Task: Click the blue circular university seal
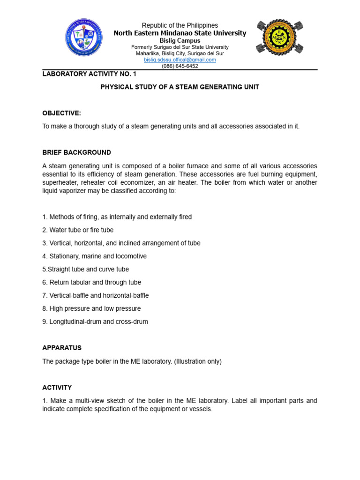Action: tap(84, 37)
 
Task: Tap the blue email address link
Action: tap(180, 60)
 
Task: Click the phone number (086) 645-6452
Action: tap(180, 66)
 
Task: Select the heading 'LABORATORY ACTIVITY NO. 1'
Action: tap(89, 74)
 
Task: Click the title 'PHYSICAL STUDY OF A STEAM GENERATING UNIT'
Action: tap(180, 87)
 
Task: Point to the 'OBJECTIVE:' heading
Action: tap(61, 113)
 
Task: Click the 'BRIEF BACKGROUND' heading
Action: tap(76, 152)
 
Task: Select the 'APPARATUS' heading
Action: tap(62, 348)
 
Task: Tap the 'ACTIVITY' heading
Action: tap(57, 388)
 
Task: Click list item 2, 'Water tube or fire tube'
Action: tap(78, 230)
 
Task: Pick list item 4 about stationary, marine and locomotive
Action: tap(94, 256)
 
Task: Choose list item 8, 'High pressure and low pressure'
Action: tap(91, 308)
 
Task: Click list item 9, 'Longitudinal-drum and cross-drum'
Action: tap(95, 322)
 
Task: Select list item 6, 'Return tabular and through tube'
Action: tap(91, 282)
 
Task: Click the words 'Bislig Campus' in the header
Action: tap(180, 41)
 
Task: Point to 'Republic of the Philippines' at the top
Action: tap(180, 25)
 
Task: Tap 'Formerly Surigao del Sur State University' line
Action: tap(180, 47)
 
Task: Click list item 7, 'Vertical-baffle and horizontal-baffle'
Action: tap(96, 295)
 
